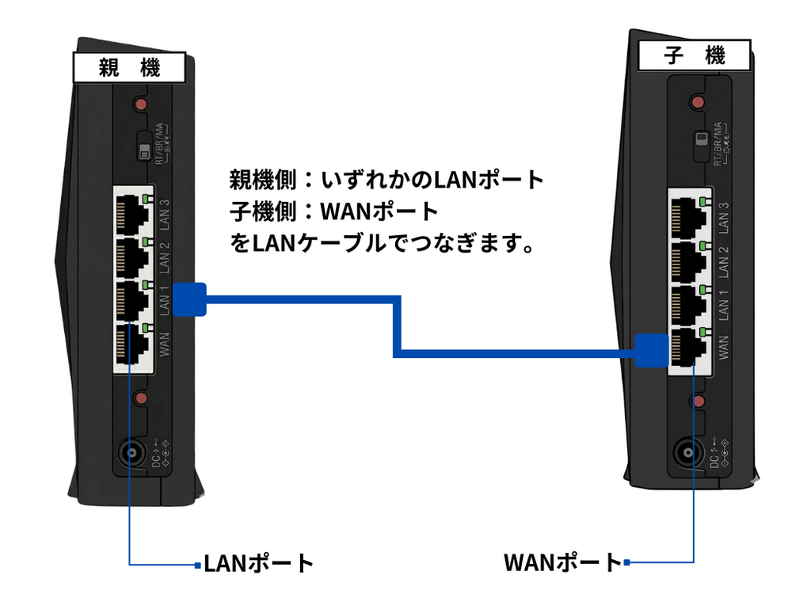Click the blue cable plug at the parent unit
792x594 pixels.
pos(189,299)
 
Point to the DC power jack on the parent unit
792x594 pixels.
pos(129,454)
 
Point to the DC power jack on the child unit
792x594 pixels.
pos(685,454)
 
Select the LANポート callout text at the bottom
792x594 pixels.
pos(259,564)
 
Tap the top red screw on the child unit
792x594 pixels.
pos(697,101)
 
